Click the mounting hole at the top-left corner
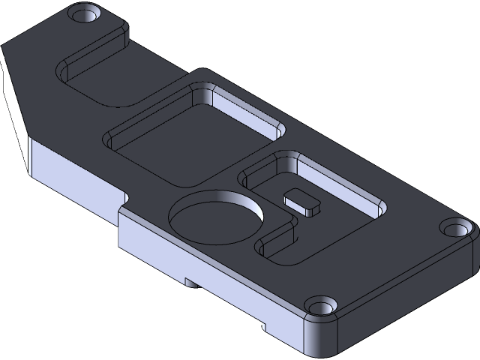[84, 14]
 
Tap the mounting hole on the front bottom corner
[321, 307]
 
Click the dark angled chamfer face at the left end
[16, 112]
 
